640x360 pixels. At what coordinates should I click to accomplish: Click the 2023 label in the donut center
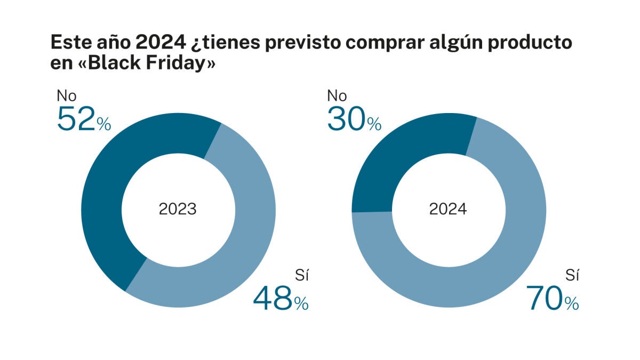[x=178, y=209]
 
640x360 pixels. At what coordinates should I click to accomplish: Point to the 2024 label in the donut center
[x=448, y=209]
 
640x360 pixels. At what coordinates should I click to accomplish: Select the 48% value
[x=281, y=299]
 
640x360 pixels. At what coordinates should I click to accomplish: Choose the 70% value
[x=551, y=299]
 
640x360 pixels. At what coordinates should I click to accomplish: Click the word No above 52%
[x=67, y=96]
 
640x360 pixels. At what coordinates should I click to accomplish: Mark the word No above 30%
[x=337, y=96]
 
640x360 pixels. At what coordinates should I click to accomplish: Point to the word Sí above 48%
[x=302, y=275]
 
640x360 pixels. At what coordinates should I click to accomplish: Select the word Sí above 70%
[x=572, y=275]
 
